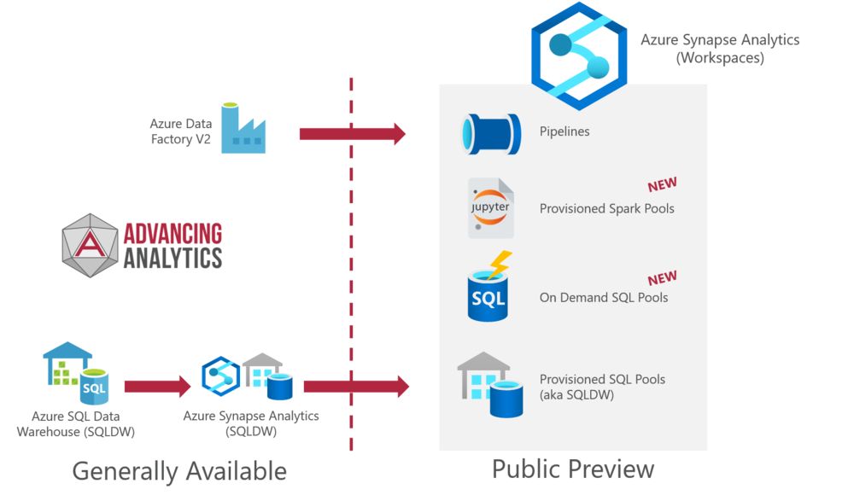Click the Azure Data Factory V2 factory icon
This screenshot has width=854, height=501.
pyautogui.click(x=243, y=128)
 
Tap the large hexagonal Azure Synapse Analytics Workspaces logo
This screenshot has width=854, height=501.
pyautogui.click(x=579, y=56)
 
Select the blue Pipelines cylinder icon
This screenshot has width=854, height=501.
pyautogui.click(x=491, y=134)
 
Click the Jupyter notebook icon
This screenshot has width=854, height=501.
pyautogui.click(x=491, y=208)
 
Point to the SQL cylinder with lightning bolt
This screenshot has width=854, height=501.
pyautogui.click(x=489, y=287)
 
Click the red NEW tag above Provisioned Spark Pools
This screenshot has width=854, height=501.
pyautogui.click(x=662, y=184)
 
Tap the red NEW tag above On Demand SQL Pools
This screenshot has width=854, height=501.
pyautogui.click(x=662, y=278)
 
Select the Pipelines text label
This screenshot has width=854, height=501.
pyautogui.click(x=564, y=131)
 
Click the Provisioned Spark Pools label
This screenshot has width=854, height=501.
pyautogui.click(x=606, y=208)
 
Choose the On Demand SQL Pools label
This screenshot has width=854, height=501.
pyautogui.click(x=604, y=297)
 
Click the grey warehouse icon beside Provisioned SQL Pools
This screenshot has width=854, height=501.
pyautogui.click(x=489, y=385)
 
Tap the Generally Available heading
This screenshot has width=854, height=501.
pyautogui.click(x=179, y=471)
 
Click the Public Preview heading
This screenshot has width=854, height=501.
pyautogui.click(x=573, y=469)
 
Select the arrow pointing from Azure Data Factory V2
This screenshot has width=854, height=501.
pyautogui.click(x=353, y=134)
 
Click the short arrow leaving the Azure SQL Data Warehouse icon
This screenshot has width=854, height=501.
pyautogui.click(x=157, y=387)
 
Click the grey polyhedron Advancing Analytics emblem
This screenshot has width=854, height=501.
pyautogui.click(x=90, y=246)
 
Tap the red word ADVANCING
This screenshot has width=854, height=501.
pyautogui.click(x=173, y=234)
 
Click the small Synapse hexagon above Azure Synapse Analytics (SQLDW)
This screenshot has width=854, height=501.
pyautogui.click(x=220, y=376)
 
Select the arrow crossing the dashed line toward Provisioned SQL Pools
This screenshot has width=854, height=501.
pyautogui.click(x=356, y=387)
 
